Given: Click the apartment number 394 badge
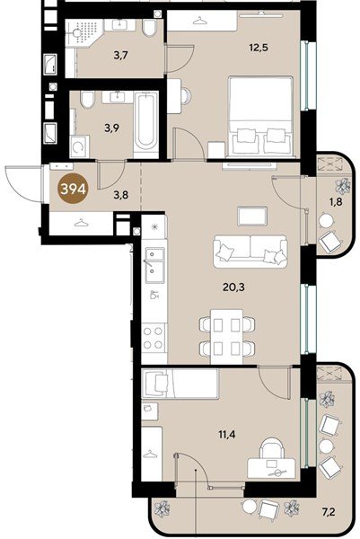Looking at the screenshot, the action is pyautogui.click(x=74, y=189).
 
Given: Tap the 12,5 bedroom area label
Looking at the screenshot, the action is pyautogui.click(x=259, y=47).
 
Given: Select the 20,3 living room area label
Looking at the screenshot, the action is pyautogui.click(x=233, y=287).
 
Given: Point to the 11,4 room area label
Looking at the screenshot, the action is pyautogui.click(x=227, y=435).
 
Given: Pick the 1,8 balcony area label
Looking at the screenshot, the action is pyautogui.click(x=336, y=202).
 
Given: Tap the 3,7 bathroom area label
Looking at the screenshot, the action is pyautogui.click(x=121, y=54).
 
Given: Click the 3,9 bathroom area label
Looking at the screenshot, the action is pyautogui.click(x=112, y=128).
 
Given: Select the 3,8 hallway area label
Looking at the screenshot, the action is pyautogui.click(x=121, y=195).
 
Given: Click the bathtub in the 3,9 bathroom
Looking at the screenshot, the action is pyautogui.click(x=145, y=125).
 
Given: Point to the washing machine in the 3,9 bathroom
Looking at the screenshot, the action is pyautogui.click(x=79, y=146).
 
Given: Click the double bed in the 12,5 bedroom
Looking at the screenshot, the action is pyautogui.click(x=261, y=116).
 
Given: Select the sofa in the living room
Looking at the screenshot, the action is pyautogui.click(x=250, y=252).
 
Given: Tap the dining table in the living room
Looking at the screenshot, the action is pyautogui.click(x=227, y=337).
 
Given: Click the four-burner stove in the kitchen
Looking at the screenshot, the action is pyautogui.click(x=153, y=338).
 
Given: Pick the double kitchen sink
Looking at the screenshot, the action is pyautogui.click(x=154, y=265).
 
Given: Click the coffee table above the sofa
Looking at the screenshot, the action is pyautogui.click(x=252, y=216).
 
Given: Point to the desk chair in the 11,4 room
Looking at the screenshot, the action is pyautogui.click(x=272, y=448).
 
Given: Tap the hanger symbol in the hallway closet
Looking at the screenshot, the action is pyautogui.click(x=82, y=223).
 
